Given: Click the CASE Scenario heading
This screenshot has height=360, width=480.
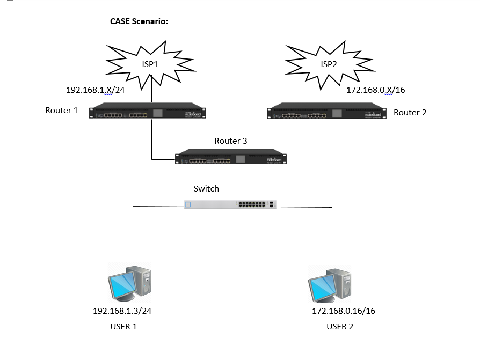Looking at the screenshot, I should pos(139,22).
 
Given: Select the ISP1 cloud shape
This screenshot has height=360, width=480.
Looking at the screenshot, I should pos(150,64).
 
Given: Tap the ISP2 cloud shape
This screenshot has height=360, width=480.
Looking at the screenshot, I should pos(329,64).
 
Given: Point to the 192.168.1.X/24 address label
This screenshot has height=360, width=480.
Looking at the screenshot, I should pos(95,90).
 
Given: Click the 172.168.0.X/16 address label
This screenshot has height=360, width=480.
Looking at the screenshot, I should pos(375,90).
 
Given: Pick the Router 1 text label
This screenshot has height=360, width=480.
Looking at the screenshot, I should pos(62,111).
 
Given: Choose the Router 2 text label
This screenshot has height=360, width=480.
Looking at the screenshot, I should pos(410,113).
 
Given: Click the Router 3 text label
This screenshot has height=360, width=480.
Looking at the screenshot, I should pos(231,142).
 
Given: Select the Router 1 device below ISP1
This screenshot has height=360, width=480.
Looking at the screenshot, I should pos(148,111).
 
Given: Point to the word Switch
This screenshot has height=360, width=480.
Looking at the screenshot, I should pos(206,189).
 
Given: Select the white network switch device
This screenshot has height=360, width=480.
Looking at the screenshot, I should pos(230,204).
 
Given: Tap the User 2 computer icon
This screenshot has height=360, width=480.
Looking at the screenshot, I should pos(330,283).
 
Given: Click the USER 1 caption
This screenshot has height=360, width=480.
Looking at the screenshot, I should pos(123,326).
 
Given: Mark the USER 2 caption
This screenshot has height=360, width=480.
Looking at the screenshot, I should pos(340,326).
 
